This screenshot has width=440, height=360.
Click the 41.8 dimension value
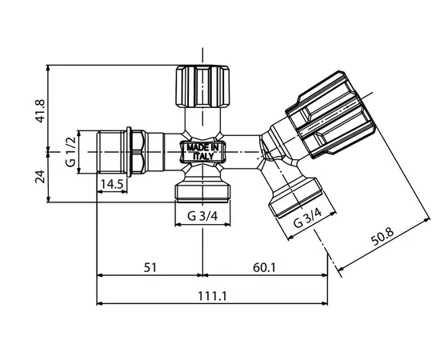click(x=40, y=111)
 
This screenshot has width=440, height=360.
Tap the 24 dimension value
click(x=40, y=177)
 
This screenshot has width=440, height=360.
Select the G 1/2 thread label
click(x=71, y=152)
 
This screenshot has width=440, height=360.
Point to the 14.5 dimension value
click(x=112, y=184)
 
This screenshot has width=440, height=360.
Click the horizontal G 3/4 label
click(x=202, y=216)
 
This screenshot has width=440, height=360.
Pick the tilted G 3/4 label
click(x=307, y=218)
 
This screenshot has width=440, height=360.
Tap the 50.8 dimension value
click(x=382, y=237)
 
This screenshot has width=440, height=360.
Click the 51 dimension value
click(x=150, y=267)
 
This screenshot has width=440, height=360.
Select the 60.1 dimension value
click(x=264, y=267)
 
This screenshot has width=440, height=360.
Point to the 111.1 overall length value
click(x=212, y=296)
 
